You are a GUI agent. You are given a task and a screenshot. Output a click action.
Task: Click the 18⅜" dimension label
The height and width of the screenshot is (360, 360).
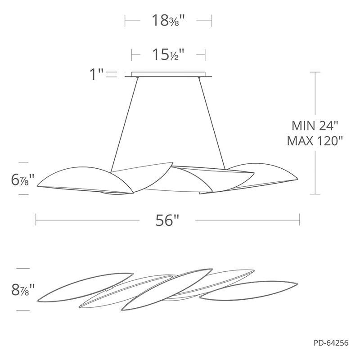[x=168, y=20]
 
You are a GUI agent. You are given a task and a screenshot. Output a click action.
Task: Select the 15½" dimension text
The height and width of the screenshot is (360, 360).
[x=168, y=55]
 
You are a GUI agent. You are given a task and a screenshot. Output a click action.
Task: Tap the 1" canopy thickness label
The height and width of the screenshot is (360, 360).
[x=96, y=74]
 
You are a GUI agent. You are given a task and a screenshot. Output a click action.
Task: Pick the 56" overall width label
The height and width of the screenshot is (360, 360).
[x=167, y=220]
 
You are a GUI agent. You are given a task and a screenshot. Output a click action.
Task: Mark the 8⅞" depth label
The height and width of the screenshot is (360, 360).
[x=23, y=289]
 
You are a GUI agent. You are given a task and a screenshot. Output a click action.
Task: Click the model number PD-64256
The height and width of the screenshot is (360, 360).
[x=331, y=343]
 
